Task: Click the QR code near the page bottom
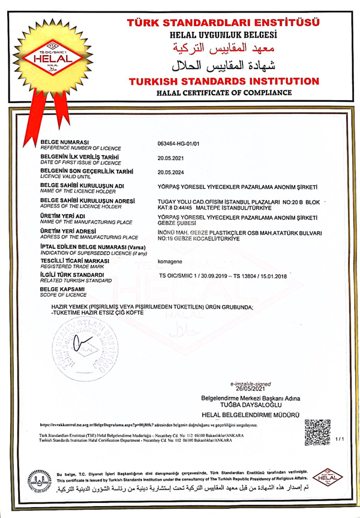pyautogui.click(x=317, y=433)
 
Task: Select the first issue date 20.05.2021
pyautogui.click(x=170, y=158)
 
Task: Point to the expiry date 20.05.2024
pyautogui.click(x=170, y=172)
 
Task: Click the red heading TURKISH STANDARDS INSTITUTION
pyautogui.click(x=223, y=81)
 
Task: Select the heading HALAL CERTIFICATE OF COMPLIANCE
pyautogui.click(x=223, y=93)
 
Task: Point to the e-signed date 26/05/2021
pyautogui.click(x=250, y=389)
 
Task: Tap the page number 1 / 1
pyautogui.click(x=341, y=439)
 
